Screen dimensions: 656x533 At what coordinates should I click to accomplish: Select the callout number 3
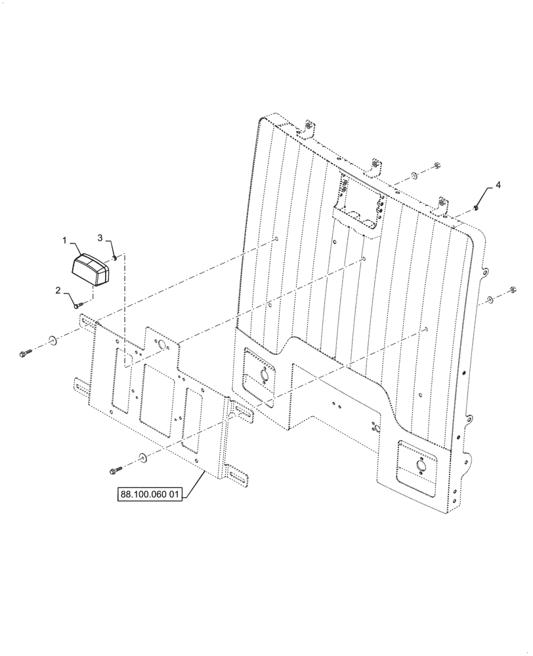[100, 236]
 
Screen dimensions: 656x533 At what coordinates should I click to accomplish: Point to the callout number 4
[498, 186]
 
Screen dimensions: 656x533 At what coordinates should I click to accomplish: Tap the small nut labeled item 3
[115, 258]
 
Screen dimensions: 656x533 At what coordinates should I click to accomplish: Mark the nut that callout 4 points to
[475, 208]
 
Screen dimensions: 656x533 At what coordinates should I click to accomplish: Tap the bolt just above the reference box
[117, 469]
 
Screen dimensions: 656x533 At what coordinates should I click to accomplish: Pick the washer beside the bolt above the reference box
[142, 457]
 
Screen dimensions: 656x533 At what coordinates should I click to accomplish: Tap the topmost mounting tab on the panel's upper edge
[309, 127]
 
